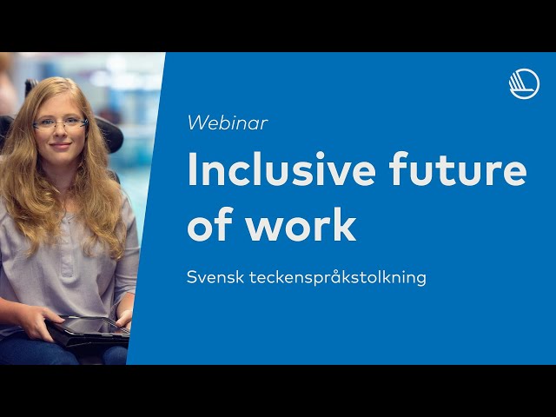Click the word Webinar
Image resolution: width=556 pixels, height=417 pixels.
228,123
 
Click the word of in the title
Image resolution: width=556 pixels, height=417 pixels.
210,224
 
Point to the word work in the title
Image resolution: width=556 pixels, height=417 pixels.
301,224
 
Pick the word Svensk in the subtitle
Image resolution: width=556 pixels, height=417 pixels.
215,277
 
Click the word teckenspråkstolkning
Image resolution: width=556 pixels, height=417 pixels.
338,278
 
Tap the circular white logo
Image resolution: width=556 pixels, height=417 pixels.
524,84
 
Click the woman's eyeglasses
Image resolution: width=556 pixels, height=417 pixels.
60,123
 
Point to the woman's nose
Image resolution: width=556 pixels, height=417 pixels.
60,132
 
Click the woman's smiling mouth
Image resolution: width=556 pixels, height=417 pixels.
60,145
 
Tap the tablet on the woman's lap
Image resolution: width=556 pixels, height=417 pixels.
89,330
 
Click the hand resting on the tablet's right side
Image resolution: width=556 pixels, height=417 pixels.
124,319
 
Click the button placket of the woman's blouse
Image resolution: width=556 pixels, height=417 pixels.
66,248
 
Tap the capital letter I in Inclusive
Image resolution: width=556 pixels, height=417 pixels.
192,169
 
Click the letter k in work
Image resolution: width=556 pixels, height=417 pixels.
344,224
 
